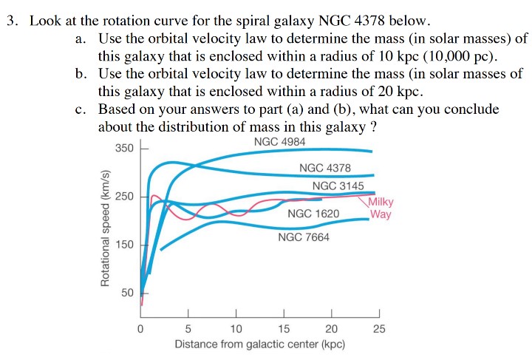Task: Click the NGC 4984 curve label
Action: [279, 142]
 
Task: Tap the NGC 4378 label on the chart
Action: [325, 169]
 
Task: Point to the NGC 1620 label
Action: [313, 214]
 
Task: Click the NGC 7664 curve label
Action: [304, 237]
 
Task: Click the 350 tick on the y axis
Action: [124, 148]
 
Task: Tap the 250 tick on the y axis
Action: [124, 197]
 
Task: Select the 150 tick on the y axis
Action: [124, 245]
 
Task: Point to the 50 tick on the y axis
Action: [127, 293]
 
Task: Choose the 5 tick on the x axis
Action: [188, 328]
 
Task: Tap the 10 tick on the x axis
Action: [236, 328]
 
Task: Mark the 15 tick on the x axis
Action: [284, 328]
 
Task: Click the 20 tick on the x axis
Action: [331, 328]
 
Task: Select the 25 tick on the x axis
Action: [379, 328]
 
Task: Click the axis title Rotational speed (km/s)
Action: [105, 228]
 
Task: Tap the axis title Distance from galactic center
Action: [259, 344]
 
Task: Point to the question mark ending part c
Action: [374, 126]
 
